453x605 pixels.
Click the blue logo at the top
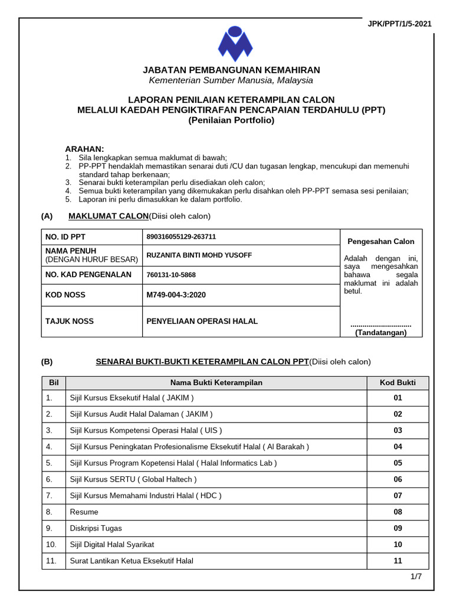pyautogui.click(x=235, y=44)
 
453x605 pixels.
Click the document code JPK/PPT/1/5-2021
pyautogui.click(x=399, y=24)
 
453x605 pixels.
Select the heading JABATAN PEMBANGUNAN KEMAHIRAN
pyautogui.click(x=231, y=70)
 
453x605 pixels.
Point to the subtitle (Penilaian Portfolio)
pyautogui.click(x=231, y=120)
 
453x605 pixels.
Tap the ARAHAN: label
pyautogui.click(x=84, y=149)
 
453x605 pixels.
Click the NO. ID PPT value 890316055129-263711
pyautogui.click(x=181, y=237)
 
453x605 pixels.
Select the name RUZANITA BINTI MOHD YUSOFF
pyautogui.click(x=199, y=255)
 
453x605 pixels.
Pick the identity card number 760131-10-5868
pyautogui.click(x=171, y=275)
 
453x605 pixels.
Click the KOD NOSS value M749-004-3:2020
pyautogui.click(x=176, y=294)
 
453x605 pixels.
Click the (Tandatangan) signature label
pyautogui.click(x=380, y=333)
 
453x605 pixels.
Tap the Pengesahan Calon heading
pyautogui.click(x=380, y=241)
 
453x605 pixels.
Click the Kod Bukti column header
pyautogui.click(x=398, y=383)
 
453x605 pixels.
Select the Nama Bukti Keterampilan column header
pyautogui.click(x=216, y=383)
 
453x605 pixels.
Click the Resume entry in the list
pyautogui.click(x=84, y=512)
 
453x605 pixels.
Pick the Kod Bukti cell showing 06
pyautogui.click(x=398, y=479)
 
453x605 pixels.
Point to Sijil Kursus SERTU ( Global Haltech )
pyautogui.click(x=133, y=479)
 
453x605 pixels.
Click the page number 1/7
pyautogui.click(x=416, y=577)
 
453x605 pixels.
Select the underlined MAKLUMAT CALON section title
pyautogui.click(x=108, y=216)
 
